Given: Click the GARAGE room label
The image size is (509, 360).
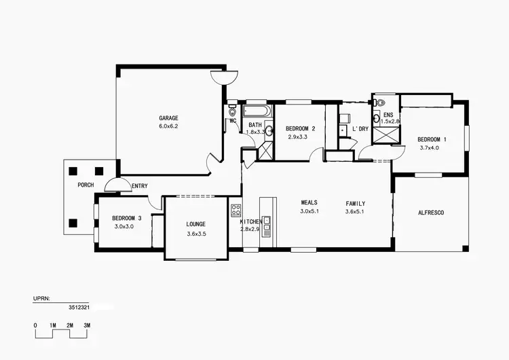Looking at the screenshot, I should pos(168,118).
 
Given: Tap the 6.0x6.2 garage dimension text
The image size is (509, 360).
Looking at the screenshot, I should pos(168,126).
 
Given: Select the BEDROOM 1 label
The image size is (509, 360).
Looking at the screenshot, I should pos(432,139).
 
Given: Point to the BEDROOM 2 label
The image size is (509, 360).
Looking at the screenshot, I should pos(300,128).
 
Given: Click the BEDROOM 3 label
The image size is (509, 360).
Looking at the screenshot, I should pos(126,218).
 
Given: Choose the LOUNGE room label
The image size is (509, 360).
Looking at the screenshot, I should pos(196,224).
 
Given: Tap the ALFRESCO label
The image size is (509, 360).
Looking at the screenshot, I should pos(430,213).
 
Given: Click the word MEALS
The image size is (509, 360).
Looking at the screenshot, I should pos(310,202).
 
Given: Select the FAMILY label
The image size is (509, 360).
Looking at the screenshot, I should pos(355,203).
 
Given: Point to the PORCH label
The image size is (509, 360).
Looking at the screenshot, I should pos(86,185).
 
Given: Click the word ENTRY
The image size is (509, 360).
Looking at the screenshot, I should pos(140,186).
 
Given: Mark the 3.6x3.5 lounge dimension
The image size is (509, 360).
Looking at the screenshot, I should pos(196,234).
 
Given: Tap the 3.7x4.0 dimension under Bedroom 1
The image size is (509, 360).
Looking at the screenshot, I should pos(432,148).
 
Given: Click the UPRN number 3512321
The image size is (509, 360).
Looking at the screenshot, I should pos(80,307).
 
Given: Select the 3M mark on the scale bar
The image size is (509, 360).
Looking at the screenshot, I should pos(87,325).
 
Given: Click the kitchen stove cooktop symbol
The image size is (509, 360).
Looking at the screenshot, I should pos(235,211).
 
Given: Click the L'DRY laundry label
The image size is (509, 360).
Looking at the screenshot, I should pos(360,128).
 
